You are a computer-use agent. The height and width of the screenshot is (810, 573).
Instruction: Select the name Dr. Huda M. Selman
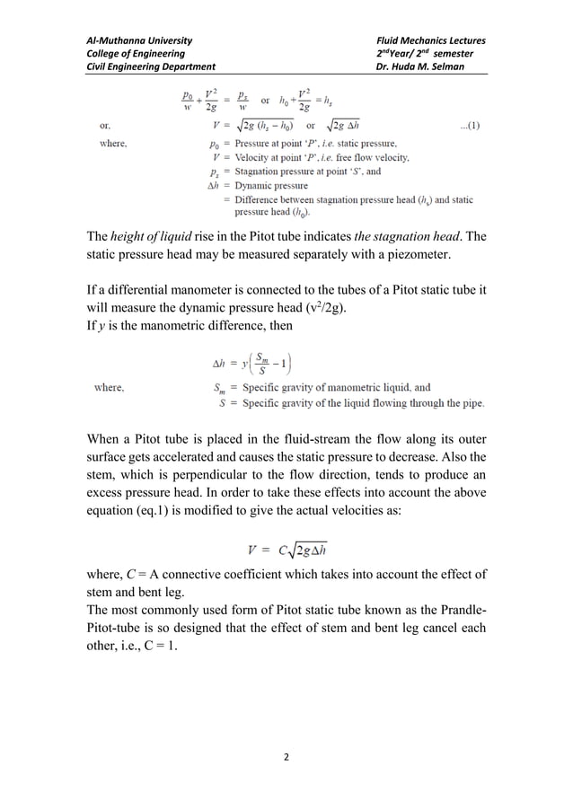[419, 66]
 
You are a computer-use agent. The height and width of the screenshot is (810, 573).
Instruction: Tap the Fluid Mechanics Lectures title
[432, 40]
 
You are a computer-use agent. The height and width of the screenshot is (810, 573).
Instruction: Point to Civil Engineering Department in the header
[150, 66]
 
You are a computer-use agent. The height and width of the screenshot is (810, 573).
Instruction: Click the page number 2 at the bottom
[286, 758]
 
